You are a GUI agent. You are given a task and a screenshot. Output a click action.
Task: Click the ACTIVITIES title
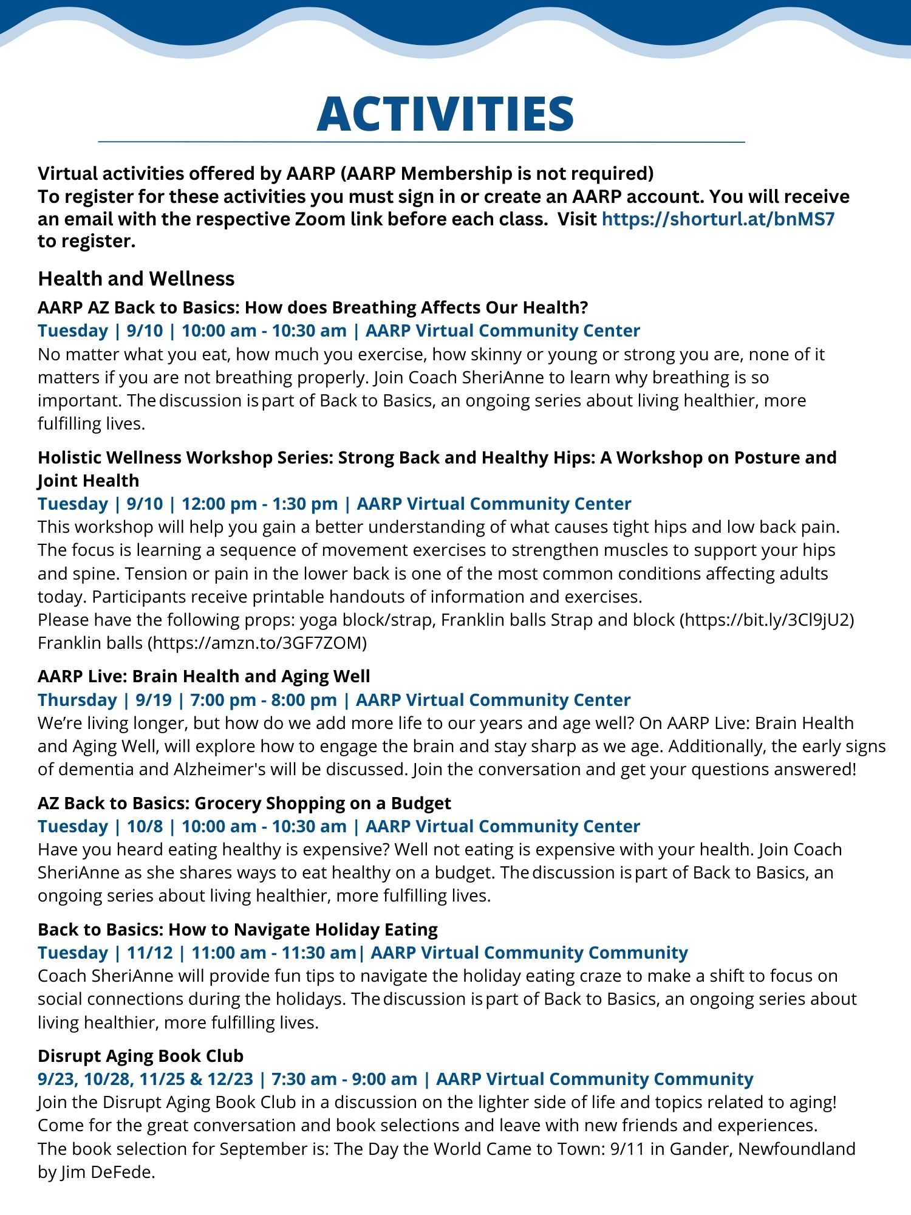tap(445, 114)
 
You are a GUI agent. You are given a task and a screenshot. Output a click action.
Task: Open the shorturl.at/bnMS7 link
tap(718, 219)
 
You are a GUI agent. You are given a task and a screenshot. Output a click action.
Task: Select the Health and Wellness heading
tap(136, 278)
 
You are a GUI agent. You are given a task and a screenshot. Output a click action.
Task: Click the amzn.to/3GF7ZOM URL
tap(258, 643)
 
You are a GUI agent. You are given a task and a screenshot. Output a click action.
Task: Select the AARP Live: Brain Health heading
tap(203, 676)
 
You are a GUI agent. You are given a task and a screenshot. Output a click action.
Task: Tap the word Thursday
tap(77, 700)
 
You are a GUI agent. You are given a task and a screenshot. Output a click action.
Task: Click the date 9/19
tap(154, 700)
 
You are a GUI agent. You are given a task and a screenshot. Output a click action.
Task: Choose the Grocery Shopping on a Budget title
tap(244, 803)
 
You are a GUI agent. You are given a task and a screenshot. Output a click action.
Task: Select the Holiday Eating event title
tap(237, 929)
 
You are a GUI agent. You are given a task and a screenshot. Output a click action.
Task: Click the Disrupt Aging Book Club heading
tap(140, 1056)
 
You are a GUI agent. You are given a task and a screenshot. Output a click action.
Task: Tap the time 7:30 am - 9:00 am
tap(344, 1079)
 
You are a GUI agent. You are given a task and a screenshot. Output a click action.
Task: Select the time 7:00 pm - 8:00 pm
tap(264, 700)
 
